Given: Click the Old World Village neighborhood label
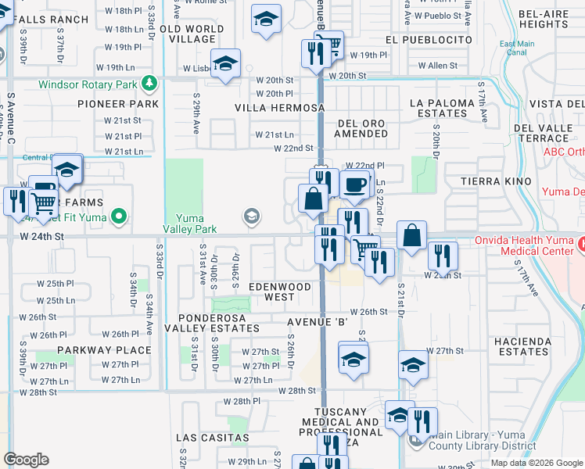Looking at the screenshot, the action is (192, 34).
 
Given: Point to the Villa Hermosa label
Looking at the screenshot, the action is (280, 108).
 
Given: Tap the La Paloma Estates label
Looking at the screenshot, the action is (442, 108).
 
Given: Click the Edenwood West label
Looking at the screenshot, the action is (280, 292).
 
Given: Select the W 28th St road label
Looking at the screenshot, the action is (297, 390).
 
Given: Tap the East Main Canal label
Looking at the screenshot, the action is (517, 48).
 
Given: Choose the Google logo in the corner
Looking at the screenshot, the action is (27, 460).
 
